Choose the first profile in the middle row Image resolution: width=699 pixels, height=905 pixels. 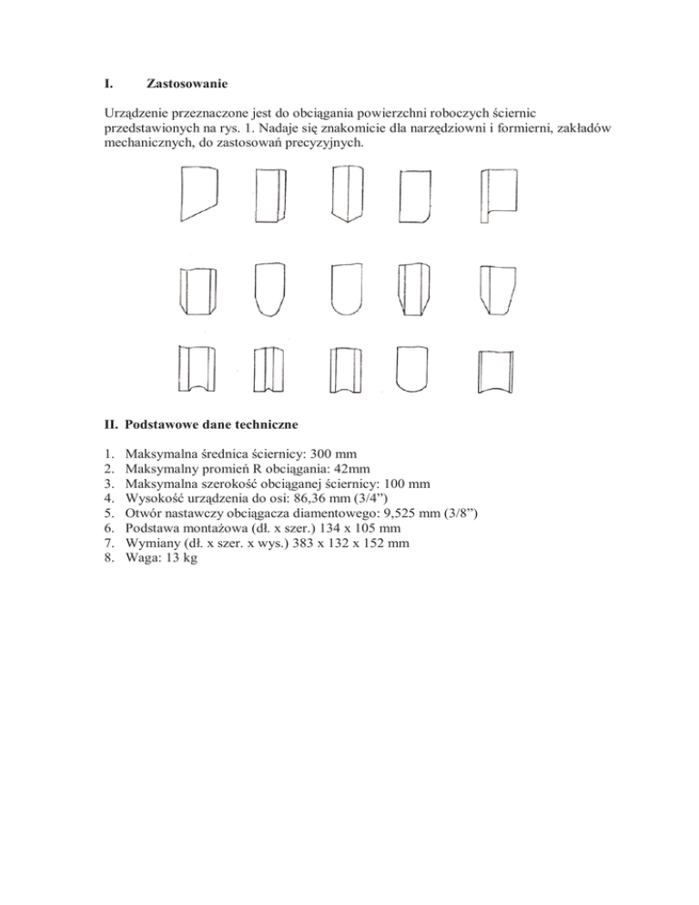click(197, 290)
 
